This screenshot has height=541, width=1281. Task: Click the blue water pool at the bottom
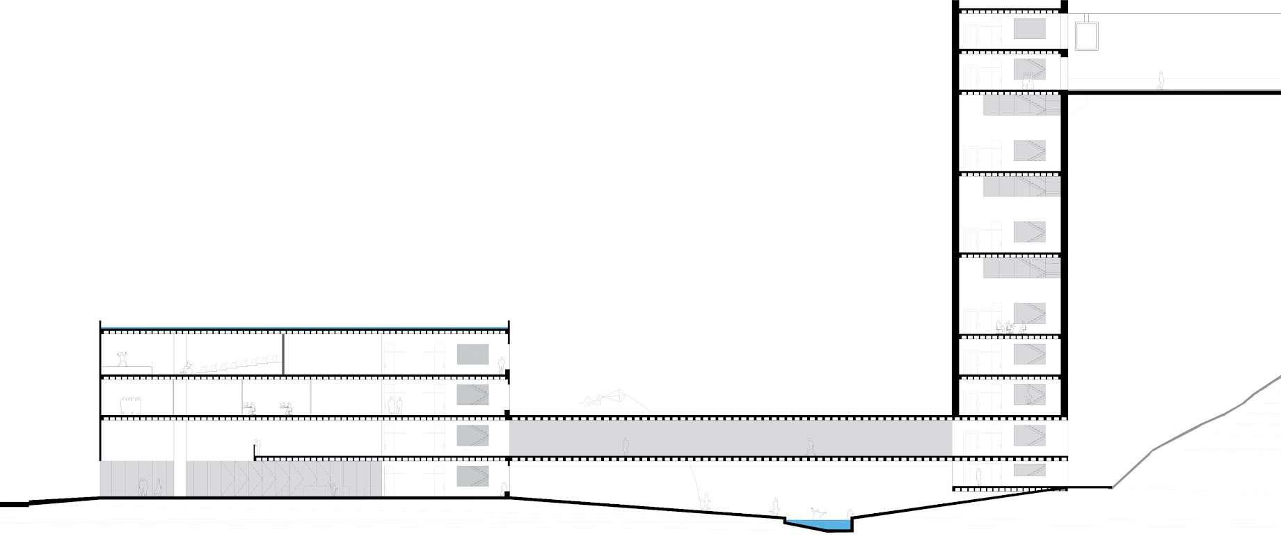pos(818,524)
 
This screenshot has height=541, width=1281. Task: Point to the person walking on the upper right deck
pos(1160,81)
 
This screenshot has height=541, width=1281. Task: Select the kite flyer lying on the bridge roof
pos(591,400)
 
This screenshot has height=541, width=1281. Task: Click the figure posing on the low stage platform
pos(124,359)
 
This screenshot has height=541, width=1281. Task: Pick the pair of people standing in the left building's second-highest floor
pos(395,405)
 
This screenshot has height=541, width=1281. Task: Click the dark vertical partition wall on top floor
pos(283,354)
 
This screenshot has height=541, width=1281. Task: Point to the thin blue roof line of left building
pos(305,328)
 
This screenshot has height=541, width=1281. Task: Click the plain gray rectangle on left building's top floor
pos(472,354)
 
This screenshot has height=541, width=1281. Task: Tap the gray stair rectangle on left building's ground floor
pos(472,477)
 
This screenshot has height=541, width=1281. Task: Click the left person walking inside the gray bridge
pos(626,446)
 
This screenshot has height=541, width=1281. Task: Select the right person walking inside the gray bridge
pos(810,446)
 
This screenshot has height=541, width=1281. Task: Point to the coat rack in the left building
pos(131,405)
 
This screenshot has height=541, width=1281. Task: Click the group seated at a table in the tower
pos(1010,326)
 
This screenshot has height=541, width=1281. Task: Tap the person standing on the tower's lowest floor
pos(978,477)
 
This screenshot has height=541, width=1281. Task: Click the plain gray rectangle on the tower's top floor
pos(1029,29)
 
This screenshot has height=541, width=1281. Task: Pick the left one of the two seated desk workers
pos(248,408)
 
